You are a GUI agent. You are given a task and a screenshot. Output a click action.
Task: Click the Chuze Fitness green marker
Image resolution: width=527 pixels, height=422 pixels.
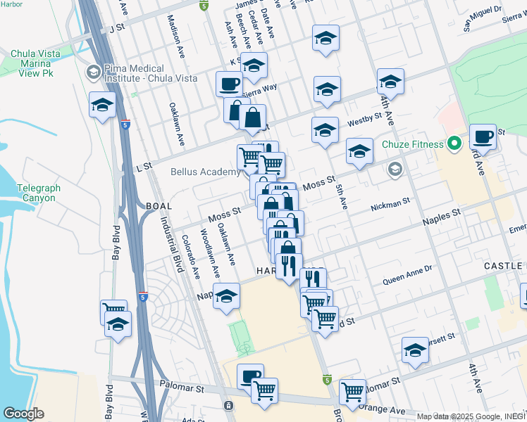click(x=454, y=145)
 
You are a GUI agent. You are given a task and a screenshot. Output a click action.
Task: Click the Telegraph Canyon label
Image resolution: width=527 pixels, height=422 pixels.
click(x=37, y=193)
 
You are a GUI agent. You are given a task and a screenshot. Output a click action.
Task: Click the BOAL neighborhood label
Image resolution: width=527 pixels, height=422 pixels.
click(x=159, y=205)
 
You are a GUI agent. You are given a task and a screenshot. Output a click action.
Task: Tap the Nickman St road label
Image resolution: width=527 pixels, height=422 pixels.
click(x=390, y=205)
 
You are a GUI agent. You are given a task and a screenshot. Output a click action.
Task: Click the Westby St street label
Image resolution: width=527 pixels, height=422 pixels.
click(x=364, y=121)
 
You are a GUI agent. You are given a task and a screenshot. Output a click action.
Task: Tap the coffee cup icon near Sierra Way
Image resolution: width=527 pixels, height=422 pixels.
click(x=229, y=84)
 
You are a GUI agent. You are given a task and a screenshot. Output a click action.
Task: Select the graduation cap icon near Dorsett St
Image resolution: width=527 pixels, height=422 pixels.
click(x=415, y=350)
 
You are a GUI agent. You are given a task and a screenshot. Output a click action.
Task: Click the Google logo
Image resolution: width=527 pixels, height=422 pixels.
click(x=24, y=414)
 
